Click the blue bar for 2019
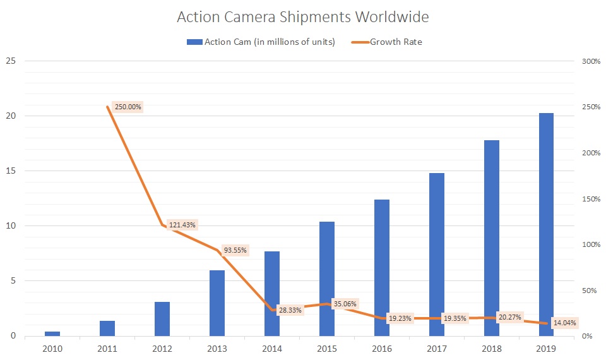coord(546,224)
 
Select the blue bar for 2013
coord(217,303)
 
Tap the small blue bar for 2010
coord(52,333)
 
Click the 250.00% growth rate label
coord(128,107)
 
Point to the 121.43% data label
coord(182,225)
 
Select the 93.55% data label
coord(235,249)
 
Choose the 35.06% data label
coord(345,304)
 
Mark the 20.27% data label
coord(509,317)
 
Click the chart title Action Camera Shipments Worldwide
coord(302,17)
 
